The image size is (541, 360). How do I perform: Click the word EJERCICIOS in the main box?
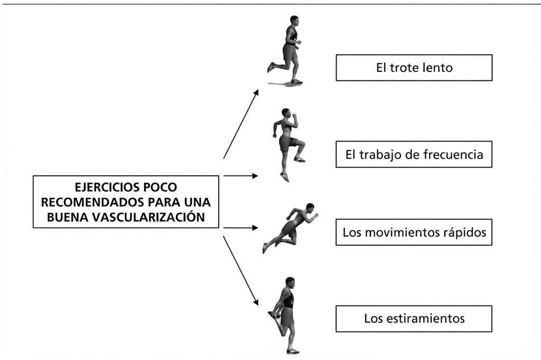coord(106,187)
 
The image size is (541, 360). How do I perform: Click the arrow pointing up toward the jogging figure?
coord(241,124)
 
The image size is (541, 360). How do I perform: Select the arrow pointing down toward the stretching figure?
coord(241,271)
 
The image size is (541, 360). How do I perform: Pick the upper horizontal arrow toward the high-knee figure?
coord(241,176)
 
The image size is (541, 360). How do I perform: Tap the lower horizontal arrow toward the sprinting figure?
coord(241,228)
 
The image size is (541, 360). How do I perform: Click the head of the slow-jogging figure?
coord(294,21)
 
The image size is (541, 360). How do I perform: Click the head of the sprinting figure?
coord(310,207)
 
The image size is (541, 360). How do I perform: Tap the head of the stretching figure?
coord(290,282)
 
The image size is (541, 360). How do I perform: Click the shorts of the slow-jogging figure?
coord(291,52)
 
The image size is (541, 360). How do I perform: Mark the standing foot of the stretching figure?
coord(293,352)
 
